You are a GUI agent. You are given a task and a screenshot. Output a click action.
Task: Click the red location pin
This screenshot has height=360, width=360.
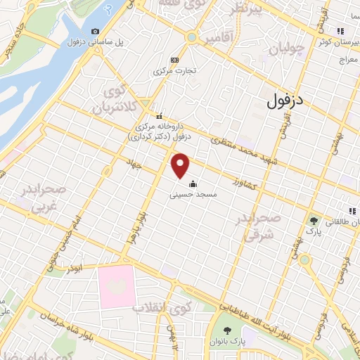pyautogui.click(x=181, y=165)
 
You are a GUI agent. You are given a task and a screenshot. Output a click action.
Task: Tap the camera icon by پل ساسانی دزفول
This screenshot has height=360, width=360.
pyautogui.click(x=96, y=32)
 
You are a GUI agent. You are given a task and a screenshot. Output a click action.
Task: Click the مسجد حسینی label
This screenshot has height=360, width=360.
pyautogui.click(x=192, y=194)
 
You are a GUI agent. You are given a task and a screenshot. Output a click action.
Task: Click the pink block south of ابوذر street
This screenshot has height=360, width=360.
pyautogui.click(x=116, y=285)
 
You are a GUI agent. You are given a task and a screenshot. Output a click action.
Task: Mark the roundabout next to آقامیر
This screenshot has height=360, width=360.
pyautogui.click(x=191, y=37)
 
